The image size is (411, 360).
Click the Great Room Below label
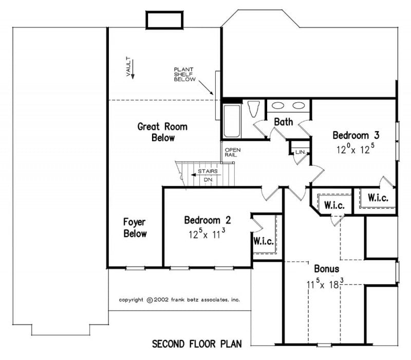click(162, 132)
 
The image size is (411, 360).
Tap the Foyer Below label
click(135, 228)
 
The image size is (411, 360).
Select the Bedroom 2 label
click(208, 220)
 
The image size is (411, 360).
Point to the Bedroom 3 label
click(356, 136)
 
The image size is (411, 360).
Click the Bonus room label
click(327, 268)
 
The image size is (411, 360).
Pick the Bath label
click(283, 122)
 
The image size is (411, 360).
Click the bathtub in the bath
click(232, 121)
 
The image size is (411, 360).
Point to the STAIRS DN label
click(208, 175)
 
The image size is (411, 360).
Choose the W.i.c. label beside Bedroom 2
click(263, 241)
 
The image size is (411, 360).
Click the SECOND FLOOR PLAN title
click(197, 343)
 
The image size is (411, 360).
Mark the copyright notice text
click(179, 299)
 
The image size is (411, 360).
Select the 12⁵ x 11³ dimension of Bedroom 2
click(208, 234)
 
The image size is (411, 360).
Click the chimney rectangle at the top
click(165, 20)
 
